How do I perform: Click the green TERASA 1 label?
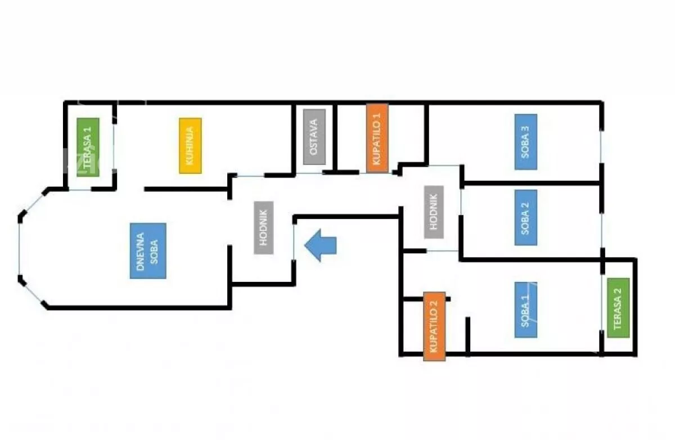click(x=88, y=146)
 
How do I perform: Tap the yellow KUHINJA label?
click(x=190, y=146)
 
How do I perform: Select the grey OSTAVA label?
click(x=314, y=137)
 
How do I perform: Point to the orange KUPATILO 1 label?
click(x=377, y=138)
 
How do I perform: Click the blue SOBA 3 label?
click(x=525, y=142)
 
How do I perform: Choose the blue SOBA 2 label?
click(x=525, y=217)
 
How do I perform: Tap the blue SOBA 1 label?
click(x=525, y=309)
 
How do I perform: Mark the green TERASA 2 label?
click(x=618, y=308)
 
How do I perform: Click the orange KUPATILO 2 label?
click(x=434, y=326)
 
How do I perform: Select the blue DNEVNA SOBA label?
click(x=147, y=250)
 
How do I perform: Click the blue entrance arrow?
click(x=321, y=245)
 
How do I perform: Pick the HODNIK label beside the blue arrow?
click(x=263, y=227)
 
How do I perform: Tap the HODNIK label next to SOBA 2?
click(x=434, y=212)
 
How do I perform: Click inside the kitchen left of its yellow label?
click(x=146, y=146)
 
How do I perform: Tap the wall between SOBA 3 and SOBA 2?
click(x=532, y=182)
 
